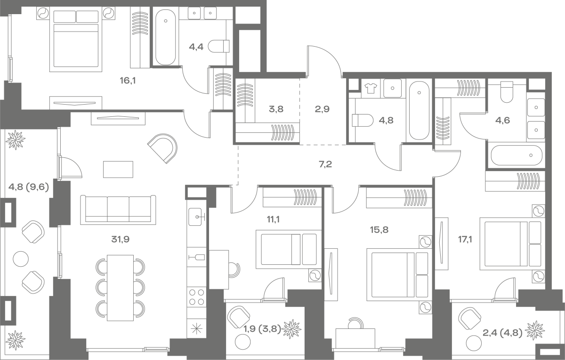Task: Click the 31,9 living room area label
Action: tap(121, 239)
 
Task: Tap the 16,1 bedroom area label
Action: tap(128, 81)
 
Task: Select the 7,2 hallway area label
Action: tap(325, 164)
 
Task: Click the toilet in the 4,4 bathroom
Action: tap(218, 46)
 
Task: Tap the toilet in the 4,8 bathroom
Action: tap(362, 120)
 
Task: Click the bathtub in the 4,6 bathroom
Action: tap(517, 155)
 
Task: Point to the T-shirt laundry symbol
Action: tap(371, 88)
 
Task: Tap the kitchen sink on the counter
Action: tap(195, 217)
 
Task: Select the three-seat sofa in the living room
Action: tap(118, 210)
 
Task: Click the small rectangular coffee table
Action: tap(118, 169)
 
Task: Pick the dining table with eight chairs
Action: tap(121, 288)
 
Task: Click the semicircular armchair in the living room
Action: tap(163, 148)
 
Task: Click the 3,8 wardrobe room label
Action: tap(276, 109)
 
